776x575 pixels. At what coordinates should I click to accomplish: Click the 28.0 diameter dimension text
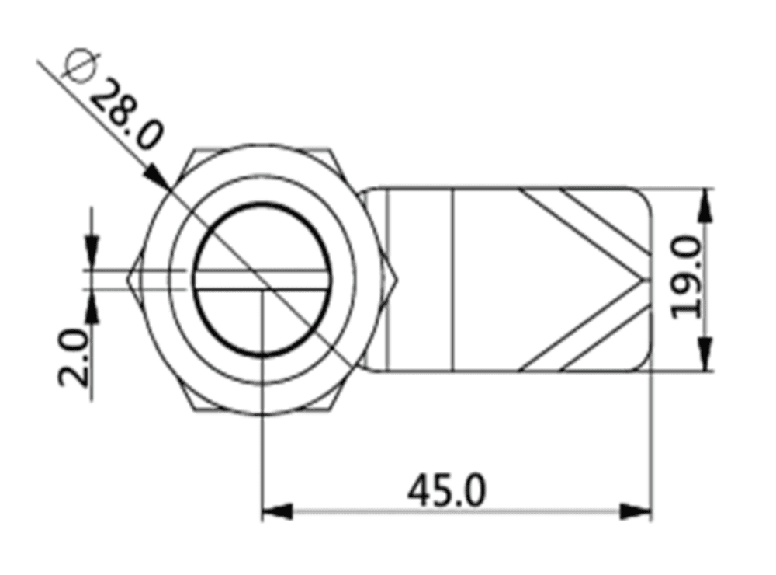click(x=128, y=115)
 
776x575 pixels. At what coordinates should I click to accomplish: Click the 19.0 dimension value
click(x=688, y=278)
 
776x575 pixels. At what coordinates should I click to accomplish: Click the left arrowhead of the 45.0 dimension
click(x=276, y=511)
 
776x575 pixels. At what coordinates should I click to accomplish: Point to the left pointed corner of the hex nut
click(x=133, y=279)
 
